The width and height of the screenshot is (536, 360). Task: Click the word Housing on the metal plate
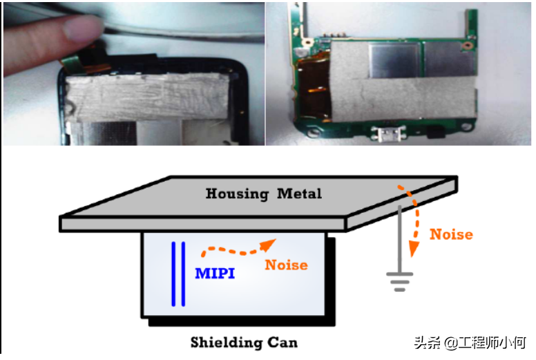coord(237,193)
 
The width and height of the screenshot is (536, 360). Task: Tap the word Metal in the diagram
coord(299,193)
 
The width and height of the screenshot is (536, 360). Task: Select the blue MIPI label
coord(215,274)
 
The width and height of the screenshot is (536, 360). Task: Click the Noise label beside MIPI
coord(286,265)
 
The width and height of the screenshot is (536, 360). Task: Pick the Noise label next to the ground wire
coord(451,234)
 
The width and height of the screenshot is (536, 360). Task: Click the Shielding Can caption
coord(244,342)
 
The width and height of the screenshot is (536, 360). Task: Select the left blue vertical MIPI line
coord(173,274)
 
